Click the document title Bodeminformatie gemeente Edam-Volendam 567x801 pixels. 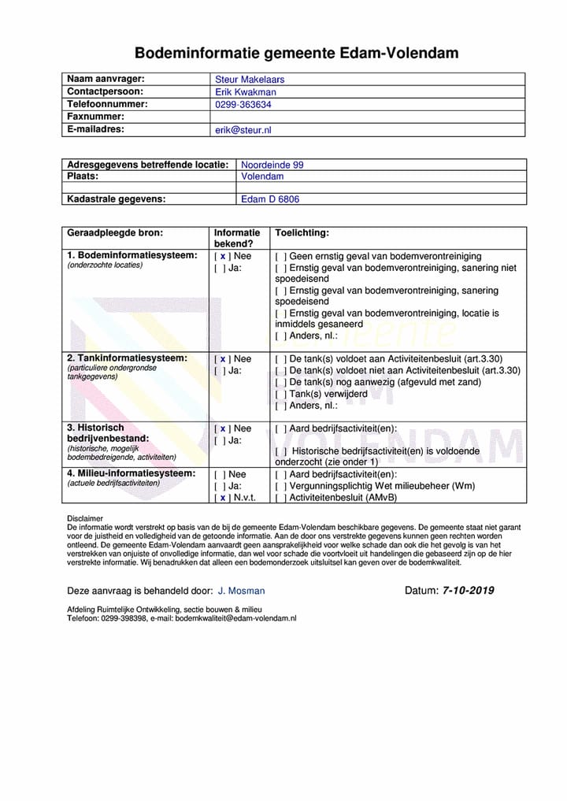coord(296,54)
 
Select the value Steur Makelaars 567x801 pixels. coord(250,80)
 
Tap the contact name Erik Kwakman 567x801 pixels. coord(246,92)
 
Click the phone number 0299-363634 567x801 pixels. coord(243,105)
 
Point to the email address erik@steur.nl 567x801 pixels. coord(243,130)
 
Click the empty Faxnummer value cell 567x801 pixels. coord(366,117)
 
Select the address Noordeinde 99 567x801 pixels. coord(272,165)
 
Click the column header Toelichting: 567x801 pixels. coord(302,233)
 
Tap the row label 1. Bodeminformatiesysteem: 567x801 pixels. coord(132,255)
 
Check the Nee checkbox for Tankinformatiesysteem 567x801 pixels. coord(223,359)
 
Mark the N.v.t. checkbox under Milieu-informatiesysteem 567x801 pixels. coord(223,498)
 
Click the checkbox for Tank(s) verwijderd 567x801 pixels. coord(280,394)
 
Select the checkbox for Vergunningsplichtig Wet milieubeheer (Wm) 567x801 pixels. coord(280,486)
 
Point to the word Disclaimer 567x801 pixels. coord(85,518)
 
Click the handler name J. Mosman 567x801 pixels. coord(241,591)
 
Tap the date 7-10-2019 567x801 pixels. coord(468,590)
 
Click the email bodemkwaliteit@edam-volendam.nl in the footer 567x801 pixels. coord(235,619)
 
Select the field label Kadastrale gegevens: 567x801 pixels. coord(116,199)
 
